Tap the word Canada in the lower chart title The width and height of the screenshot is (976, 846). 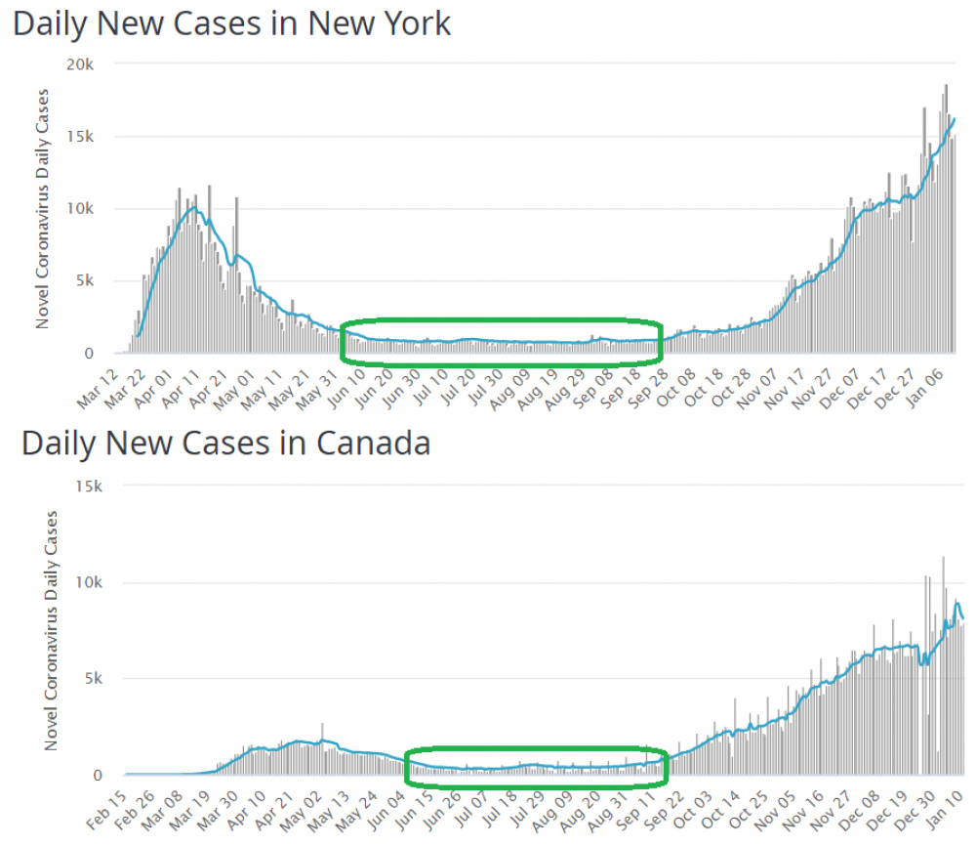pyautogui.click(x=373, y=444)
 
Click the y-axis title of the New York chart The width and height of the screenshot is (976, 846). pyautogui.click(x=42, y=209)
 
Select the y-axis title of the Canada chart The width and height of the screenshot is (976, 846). pyautogui.click(x=51, y=631)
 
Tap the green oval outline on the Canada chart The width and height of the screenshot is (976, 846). pyautogui.click(x=535, y=750)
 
